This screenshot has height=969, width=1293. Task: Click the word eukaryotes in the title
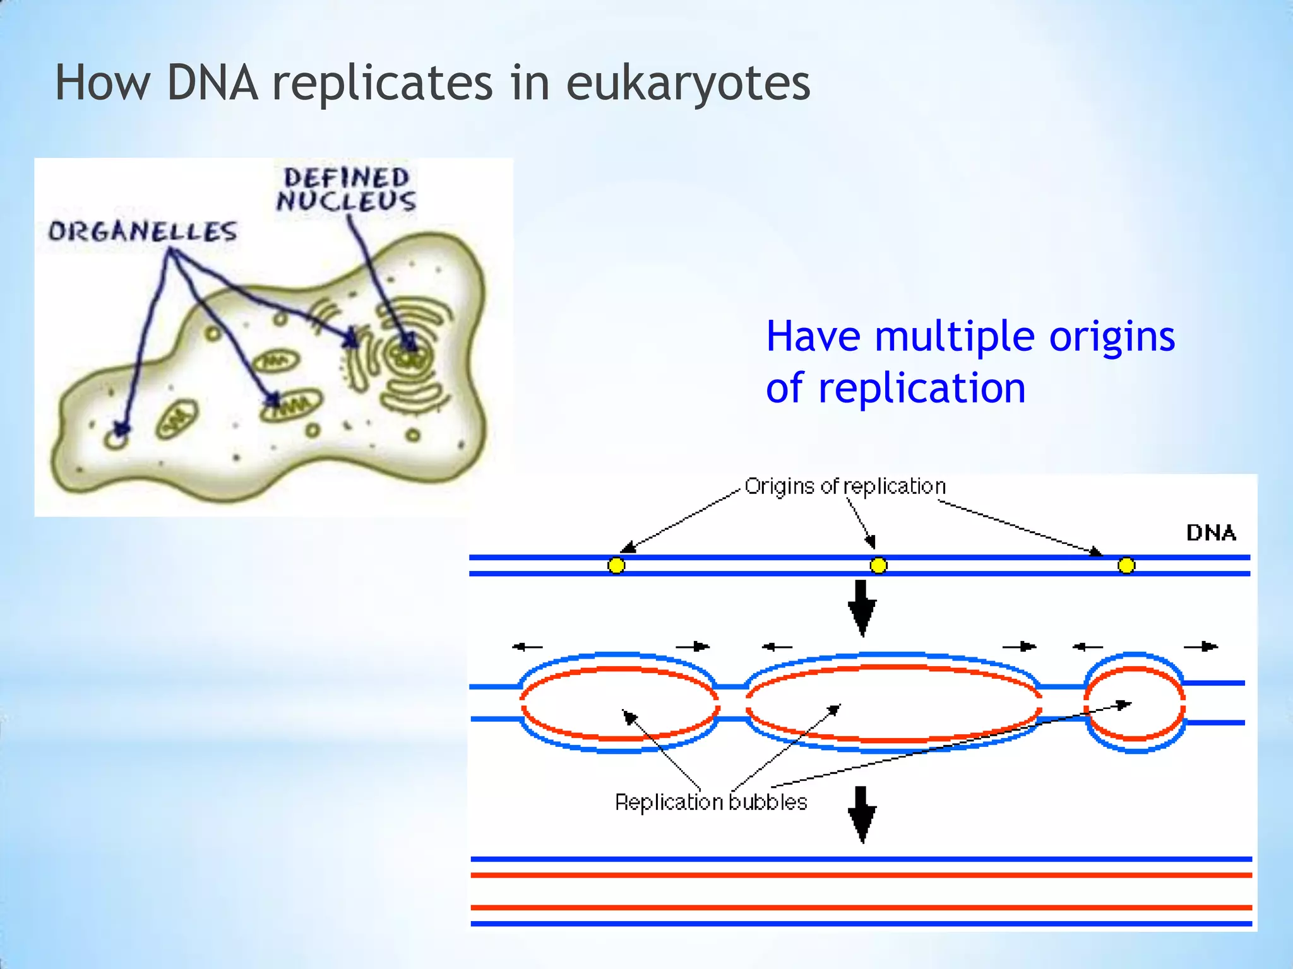click(x=688, y=84)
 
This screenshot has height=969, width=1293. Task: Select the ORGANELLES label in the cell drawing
click(x=143, y=232)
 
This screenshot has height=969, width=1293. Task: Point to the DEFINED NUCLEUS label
click(x=346, y=189)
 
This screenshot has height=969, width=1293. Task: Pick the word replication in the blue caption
click(x=922, y=388)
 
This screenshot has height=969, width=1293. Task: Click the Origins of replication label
click(x=845, y=486)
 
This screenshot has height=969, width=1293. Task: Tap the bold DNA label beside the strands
click(x=1210, y=533)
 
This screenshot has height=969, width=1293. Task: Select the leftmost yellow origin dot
click(x=616, y=565)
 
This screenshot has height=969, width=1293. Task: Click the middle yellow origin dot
click(x=878, y=565)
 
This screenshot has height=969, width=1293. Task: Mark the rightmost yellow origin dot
click(x=1126, y=565)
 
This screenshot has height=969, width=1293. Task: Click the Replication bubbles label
click(x=711, y=802)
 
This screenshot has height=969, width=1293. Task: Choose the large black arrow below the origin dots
click(x=862, y=608)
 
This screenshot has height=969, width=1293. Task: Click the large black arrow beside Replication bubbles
click(x=862, y=814)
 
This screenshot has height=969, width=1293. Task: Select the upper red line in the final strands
click(x=861, y=875)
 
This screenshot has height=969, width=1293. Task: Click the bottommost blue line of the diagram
click(x=861, y=924)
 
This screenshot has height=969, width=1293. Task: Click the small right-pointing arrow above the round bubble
click(x=1201, y=647)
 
